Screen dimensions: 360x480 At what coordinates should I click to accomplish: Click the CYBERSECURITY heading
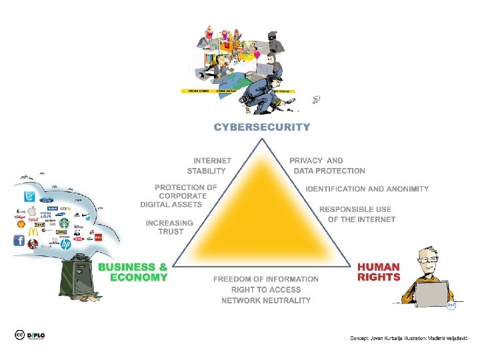click(261, 126)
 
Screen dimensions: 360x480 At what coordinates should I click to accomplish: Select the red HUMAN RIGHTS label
click(379, 272)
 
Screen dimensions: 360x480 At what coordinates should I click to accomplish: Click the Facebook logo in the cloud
click(19, 241)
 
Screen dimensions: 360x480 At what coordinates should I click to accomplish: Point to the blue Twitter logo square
click(29, 197)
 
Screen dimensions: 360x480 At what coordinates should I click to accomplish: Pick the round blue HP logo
click(65, 245)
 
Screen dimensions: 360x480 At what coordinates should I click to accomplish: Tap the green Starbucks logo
click(64, 223)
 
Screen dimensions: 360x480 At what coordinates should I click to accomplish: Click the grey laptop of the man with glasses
click(432, 293)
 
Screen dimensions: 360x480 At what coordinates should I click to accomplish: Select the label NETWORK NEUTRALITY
click(266, 301)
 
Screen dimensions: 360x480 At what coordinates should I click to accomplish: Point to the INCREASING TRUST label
click(170, 227)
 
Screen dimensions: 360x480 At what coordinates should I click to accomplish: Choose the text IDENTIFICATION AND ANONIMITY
click(367, 189)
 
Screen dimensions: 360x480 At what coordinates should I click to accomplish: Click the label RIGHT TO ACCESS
click(266, 290)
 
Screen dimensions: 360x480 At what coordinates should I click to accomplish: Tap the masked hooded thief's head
click(273, 37)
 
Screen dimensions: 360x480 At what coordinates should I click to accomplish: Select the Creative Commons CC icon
click(20, 336)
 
